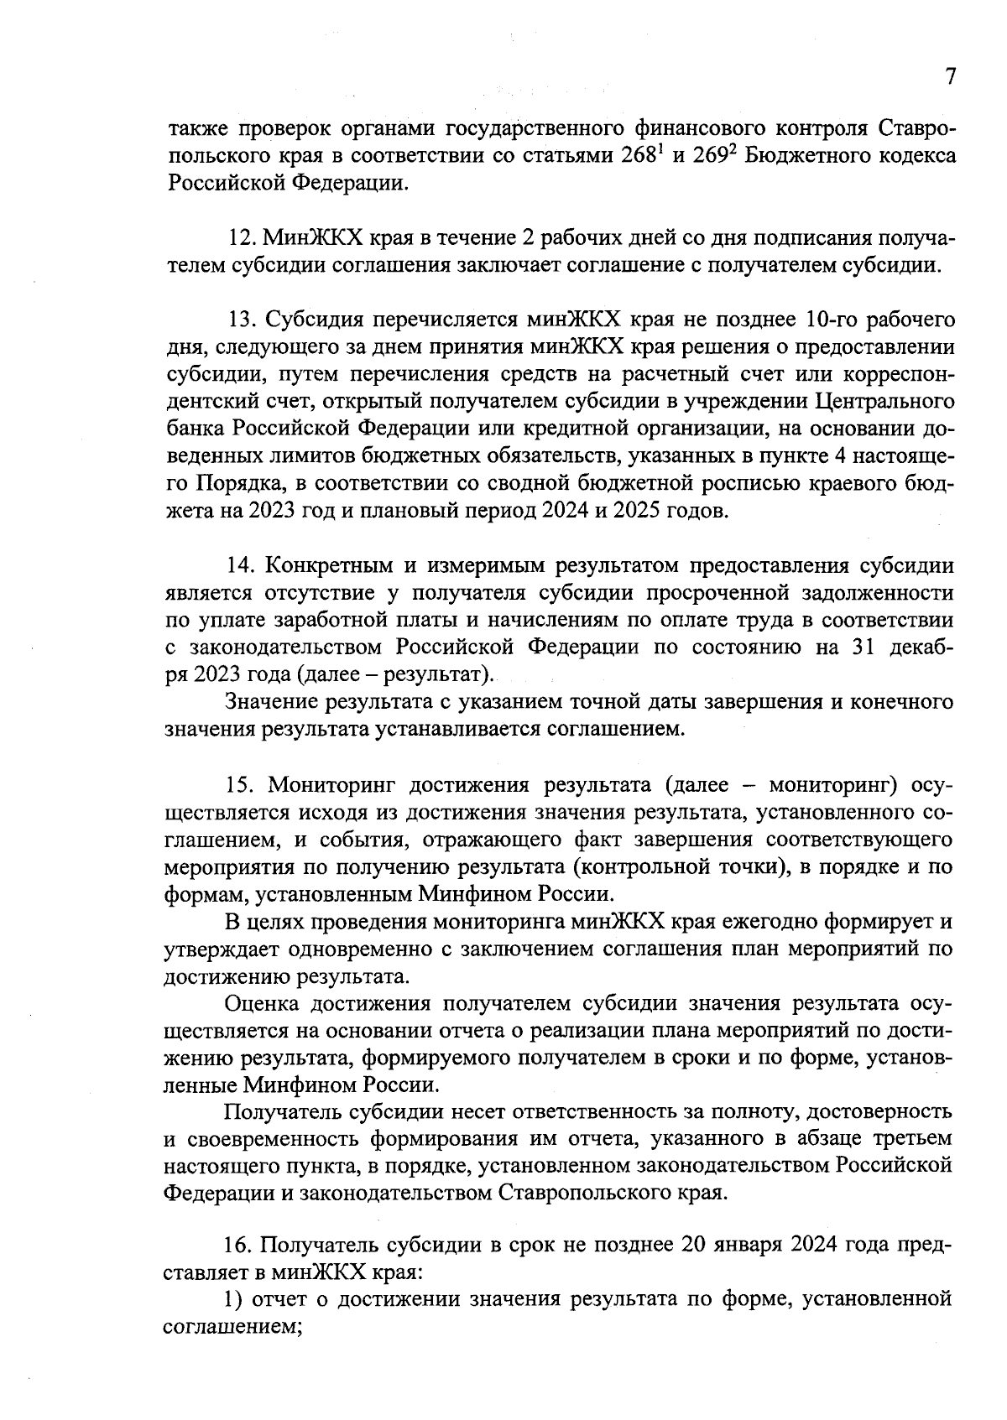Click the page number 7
click(950, 77)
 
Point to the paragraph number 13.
click(242, 320)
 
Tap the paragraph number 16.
click(240, 1246)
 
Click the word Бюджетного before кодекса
click(808, 156)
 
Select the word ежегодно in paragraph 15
click(769, 922)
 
